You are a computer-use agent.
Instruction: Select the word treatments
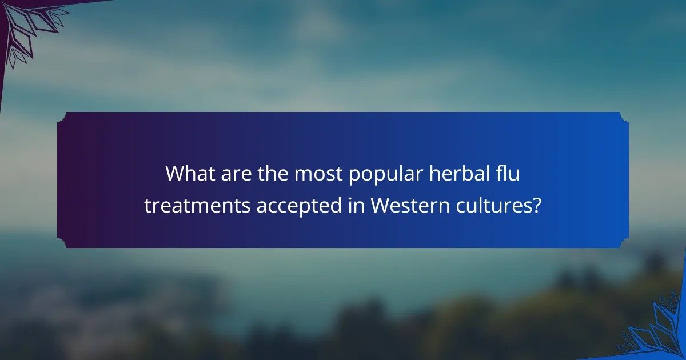pyautogui.click(x=197, y=206)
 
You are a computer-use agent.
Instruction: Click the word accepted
pyautogui.click(x=300, y=206)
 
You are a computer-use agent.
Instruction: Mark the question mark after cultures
pyautogui.click(x=536, y=206)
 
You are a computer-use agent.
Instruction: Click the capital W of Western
pyautogui.click(x=380, y=206)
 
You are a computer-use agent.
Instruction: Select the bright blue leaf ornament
pyautogui.click(x=657, y=331)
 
